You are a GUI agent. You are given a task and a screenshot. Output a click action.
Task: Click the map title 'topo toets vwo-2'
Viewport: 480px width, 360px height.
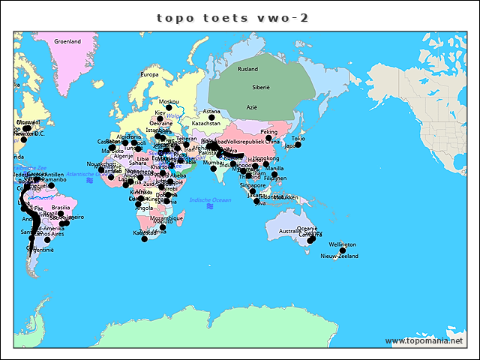232,17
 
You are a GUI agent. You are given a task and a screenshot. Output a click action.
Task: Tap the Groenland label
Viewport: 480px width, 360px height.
67,41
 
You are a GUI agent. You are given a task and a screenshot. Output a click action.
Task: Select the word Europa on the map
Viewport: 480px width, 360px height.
150,74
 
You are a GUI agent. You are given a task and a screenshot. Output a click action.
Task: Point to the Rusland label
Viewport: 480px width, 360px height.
247,69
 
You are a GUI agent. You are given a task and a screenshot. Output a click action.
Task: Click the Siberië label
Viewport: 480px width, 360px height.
261,87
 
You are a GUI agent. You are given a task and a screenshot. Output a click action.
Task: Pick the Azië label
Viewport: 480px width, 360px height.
252,107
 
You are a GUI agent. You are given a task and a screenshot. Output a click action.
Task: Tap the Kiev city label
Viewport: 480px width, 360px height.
160,112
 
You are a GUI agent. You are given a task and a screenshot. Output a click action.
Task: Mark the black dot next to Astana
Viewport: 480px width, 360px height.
211,118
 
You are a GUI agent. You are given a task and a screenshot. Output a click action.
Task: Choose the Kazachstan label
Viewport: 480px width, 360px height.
206,123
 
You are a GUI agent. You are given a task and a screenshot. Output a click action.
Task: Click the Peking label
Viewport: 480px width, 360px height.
268,132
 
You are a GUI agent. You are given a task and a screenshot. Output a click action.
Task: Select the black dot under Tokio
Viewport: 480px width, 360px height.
298,145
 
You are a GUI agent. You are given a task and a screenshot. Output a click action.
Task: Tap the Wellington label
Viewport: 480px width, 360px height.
342,244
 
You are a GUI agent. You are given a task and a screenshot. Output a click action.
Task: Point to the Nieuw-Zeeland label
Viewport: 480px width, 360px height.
340,256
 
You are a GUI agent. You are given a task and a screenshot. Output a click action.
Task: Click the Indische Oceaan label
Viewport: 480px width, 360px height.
211,200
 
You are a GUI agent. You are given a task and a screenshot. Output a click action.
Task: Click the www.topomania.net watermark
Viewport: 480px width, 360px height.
424,341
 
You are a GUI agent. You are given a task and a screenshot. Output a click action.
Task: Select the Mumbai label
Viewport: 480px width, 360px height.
213,162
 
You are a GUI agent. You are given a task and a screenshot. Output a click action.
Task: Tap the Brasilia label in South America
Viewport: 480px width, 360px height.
61,207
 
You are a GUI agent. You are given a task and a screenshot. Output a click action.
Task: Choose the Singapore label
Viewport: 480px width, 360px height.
253,185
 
